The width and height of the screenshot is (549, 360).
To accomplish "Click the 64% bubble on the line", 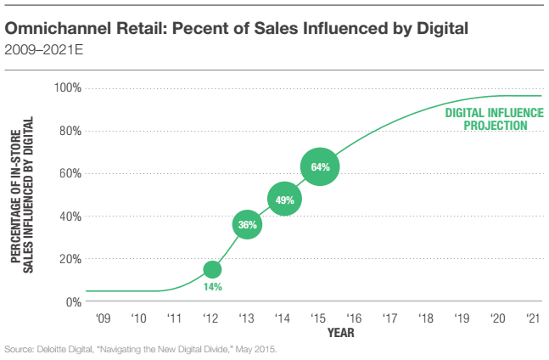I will click(x=320, y=166).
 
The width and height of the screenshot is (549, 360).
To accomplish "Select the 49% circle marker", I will click(x=284, y=200).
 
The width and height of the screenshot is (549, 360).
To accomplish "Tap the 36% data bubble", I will click(x=247, y=225).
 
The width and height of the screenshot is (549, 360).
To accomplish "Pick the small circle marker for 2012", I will click(x=212, y=269).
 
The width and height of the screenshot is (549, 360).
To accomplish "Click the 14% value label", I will click(x=212, y=287).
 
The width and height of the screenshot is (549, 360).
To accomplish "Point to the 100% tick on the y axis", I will click(x=68, y=88).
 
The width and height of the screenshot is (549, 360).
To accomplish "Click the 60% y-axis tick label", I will click(x=70, y=173).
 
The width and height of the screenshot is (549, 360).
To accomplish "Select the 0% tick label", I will click(x=74, y=301).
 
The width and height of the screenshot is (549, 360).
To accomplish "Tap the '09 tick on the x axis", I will click(x=104, y=319).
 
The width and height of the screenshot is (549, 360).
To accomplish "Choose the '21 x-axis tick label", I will click(x=534, y=319).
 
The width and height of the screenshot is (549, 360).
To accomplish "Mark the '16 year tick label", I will click(x=355, y=319).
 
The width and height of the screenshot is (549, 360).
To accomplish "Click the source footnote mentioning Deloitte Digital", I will click(x=141, y=349).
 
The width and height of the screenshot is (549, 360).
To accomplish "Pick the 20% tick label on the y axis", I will click(x=70, y=259).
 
